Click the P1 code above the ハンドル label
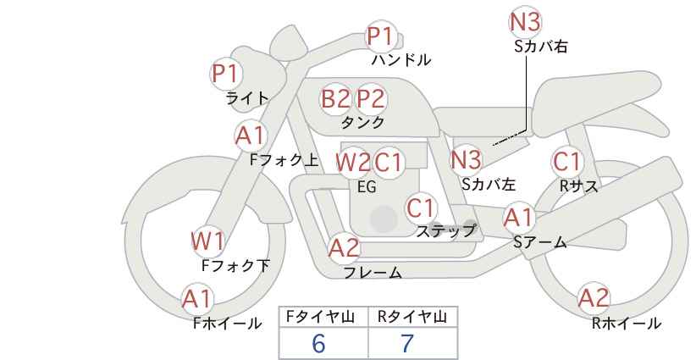point(380,36)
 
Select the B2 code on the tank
point(335,98)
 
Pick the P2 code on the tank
point(371,98)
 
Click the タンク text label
point(362,122)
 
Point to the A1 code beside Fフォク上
point(251,136)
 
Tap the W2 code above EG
point(353,163)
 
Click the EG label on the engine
point(367,187)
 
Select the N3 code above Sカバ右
point(525,22)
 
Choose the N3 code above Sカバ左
point(466,160)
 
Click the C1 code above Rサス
point(566,162)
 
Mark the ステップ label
point(445,231)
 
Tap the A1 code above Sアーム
point(519,218)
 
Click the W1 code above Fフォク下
point(208,241)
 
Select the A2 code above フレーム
point(344,248)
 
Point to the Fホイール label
point(227,324)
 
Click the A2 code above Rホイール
point(594,298)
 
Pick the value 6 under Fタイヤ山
point(318,344)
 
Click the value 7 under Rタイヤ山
point(407,344)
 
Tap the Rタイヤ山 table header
point(412,317)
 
